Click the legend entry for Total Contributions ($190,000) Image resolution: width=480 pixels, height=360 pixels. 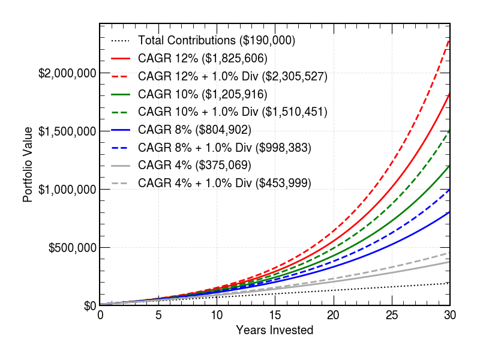(x=216, y=41)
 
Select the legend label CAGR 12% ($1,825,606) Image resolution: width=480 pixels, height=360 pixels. (x=202, y=59)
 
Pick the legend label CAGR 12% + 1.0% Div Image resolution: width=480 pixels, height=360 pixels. (x=232, y=77)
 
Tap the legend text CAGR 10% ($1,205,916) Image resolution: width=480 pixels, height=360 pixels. (x=202, y=94)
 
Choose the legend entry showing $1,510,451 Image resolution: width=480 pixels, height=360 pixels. (x=232, y=112)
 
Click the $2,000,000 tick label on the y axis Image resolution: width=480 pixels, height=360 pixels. (x=67, y=74)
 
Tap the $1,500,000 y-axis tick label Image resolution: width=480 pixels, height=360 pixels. (x=67, y=131)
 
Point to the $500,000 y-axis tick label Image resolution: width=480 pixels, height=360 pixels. (x=72, y=248)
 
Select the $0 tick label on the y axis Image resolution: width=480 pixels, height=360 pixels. (x=90, y=306)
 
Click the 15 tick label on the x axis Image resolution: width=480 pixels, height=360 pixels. (x=275, y=316)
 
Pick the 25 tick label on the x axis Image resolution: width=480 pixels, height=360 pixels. (x=391, y=316)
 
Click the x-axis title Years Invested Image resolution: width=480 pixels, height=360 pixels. (x=274, y=330)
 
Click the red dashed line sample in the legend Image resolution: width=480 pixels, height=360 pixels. (x=121, y=77)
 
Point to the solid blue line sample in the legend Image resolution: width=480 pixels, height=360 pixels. (x=121, y=130)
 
